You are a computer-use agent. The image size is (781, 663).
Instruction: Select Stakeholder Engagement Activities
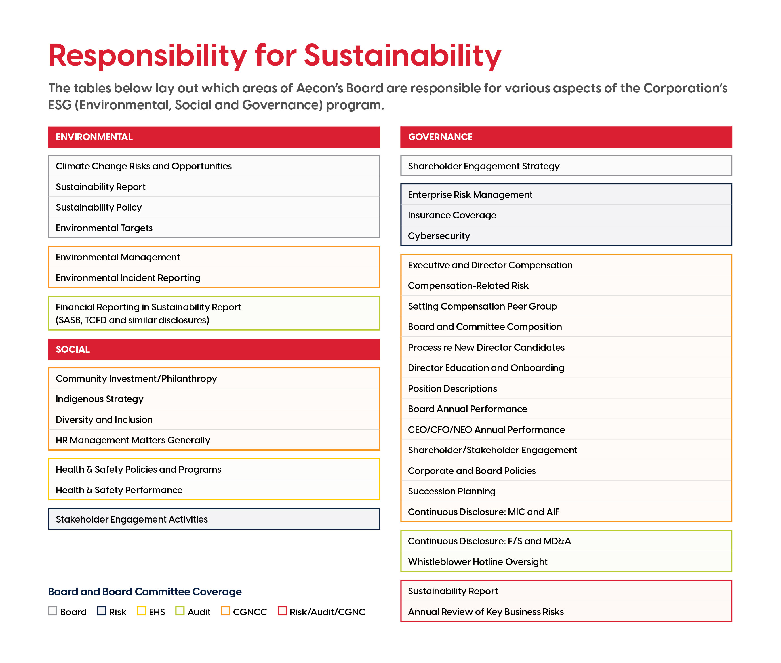(214, 519)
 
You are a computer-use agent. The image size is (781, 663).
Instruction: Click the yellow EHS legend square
(141, 611)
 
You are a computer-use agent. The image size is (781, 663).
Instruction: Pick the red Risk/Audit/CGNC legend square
(282, 611)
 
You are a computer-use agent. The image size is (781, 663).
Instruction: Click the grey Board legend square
(52, 611)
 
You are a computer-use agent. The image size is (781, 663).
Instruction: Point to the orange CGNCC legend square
(226, 611)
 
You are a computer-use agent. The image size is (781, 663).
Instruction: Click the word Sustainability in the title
(403, 56)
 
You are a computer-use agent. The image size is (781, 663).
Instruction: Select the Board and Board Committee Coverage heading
(145, 592)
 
